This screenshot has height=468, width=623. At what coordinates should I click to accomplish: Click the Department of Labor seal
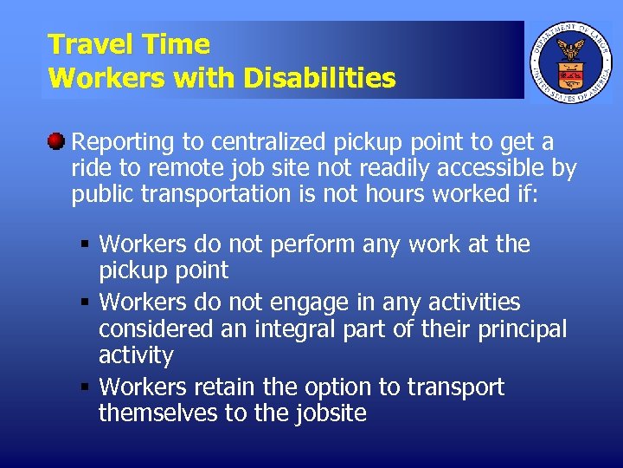(x=569, y=60)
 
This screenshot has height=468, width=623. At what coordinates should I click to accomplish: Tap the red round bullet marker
(x=56, y=140)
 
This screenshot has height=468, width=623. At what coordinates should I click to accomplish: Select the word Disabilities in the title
(x=319, y=79)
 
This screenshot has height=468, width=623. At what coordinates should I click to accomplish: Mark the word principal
(x=517, y=329)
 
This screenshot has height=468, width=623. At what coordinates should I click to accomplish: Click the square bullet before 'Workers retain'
(x=84, y=387)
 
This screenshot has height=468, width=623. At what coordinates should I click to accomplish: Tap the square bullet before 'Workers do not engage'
(x=84, y=303)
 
